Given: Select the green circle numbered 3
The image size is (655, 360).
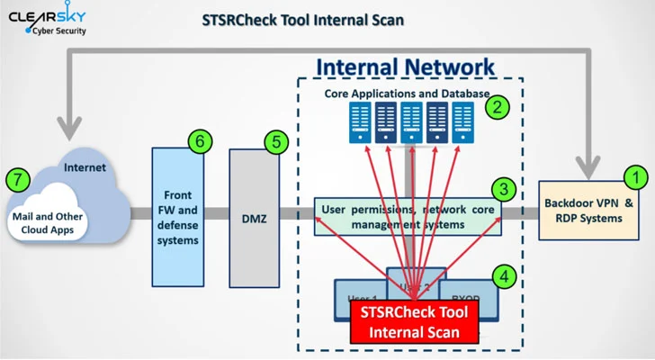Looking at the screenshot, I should pos(503,189).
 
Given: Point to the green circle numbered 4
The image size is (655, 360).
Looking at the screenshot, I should pos(507,276).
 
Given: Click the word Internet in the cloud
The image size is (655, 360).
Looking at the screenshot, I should pos(85,167).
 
